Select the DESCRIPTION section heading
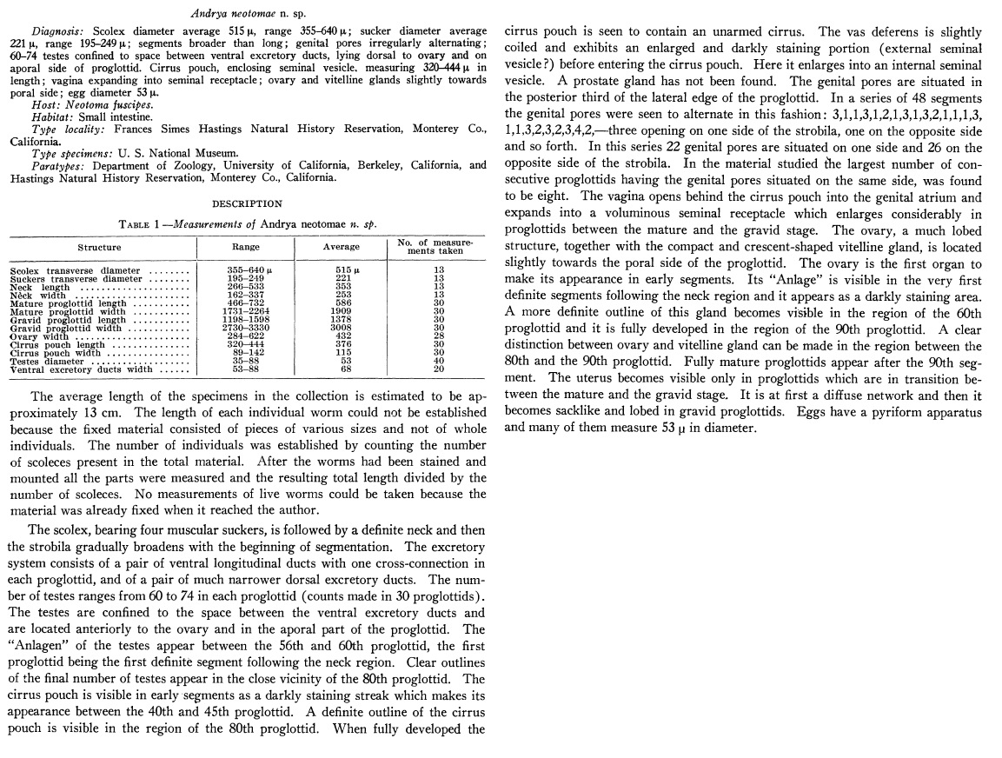(x=248, y=204)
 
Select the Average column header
(x=341, y=247)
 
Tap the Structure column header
(x=99, y=247)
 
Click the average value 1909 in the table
(x=342, y=310)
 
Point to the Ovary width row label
(x=42, y=336)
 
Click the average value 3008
(x=342, y=327)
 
